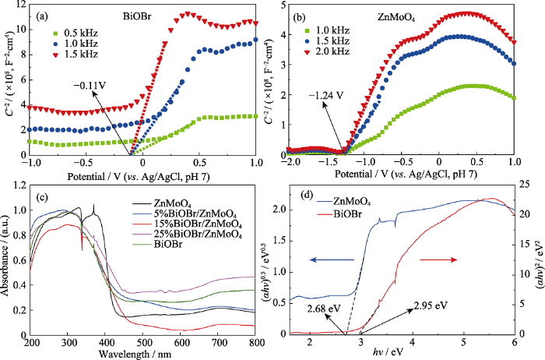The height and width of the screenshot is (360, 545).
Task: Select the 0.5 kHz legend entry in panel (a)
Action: pos(71,32)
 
